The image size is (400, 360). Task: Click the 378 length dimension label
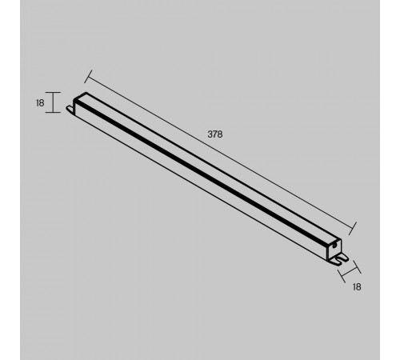[x=215, y=134]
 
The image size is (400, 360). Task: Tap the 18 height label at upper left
[x=40, y=103]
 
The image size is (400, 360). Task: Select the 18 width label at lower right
[x=357, y=287]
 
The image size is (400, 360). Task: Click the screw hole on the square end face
[x=334, y=246]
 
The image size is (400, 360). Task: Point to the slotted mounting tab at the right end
[x=339, y=259]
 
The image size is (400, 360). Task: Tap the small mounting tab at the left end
[x=70, y=109]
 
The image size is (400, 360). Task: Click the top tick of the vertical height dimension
[x=53, y=92]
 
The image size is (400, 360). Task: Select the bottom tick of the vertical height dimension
[x=53, y=113]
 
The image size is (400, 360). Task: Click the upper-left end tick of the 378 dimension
[x=88, y=77]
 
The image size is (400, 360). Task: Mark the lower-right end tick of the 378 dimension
[x=353, y=229]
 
